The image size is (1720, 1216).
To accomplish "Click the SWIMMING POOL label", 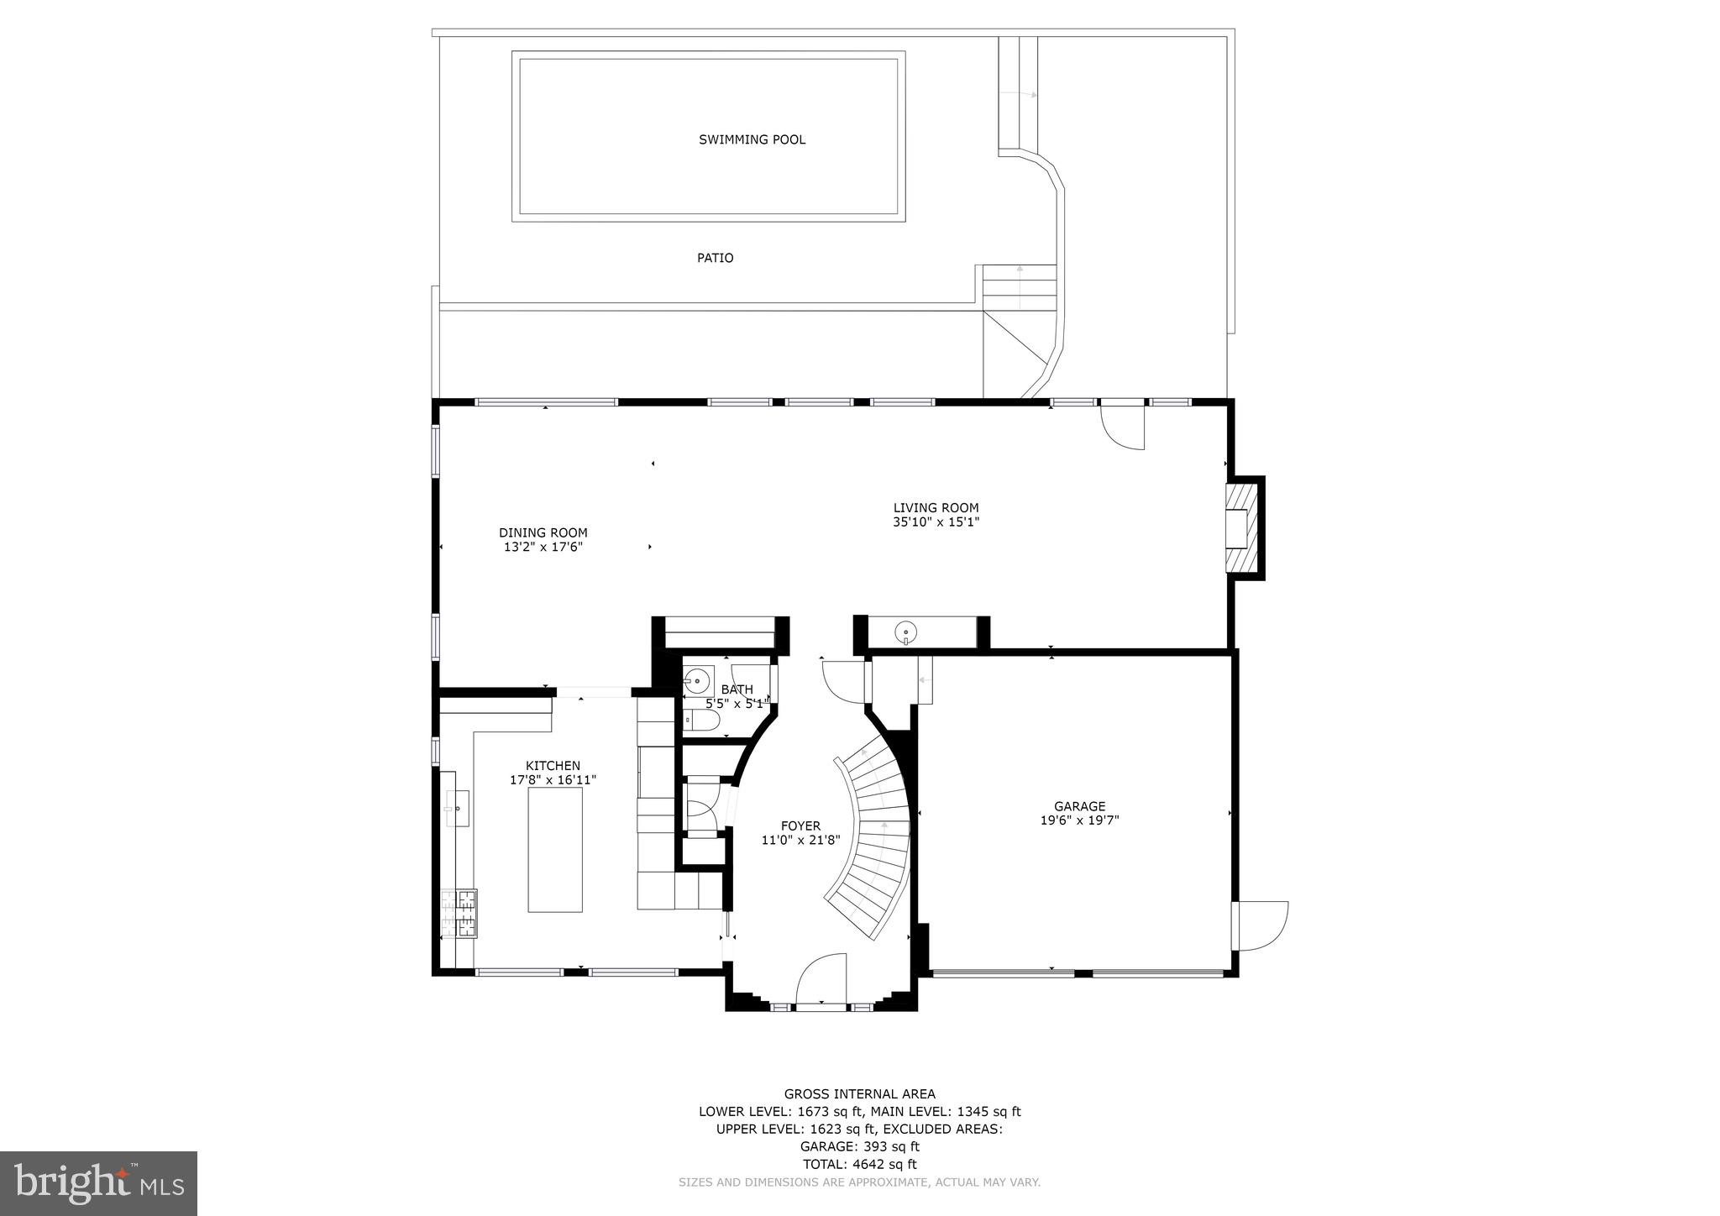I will point(752,139).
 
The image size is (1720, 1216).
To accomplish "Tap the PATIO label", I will point(715,258).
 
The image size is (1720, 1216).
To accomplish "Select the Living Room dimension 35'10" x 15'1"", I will point(936,522).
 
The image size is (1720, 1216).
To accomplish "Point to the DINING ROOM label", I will point(543,532).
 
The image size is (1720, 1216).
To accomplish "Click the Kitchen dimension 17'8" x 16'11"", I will point(553,779).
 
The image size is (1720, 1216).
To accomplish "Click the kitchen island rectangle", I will point(554,849).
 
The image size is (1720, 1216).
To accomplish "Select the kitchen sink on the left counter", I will point(457,808).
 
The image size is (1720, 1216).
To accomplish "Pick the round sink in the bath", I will point(696,679).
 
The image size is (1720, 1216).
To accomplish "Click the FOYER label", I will point(800,826).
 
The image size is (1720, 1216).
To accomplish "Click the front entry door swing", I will point(821,978).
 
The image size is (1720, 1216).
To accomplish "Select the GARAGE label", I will point(1079,806).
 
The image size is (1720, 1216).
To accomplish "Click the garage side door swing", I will point(1262,926).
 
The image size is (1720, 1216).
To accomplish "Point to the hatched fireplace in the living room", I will point(1237,528).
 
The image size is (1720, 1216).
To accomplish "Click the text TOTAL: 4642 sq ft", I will point(859,1164).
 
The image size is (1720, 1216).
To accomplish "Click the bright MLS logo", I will point(98,1183).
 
